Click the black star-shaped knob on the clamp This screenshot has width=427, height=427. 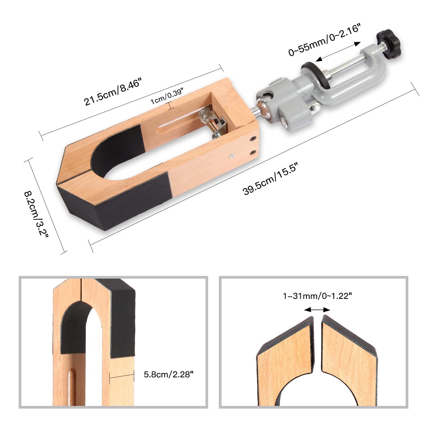[389, 40]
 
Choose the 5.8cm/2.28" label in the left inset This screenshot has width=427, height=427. [168, 374]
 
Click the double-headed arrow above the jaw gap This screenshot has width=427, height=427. [317, 310]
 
